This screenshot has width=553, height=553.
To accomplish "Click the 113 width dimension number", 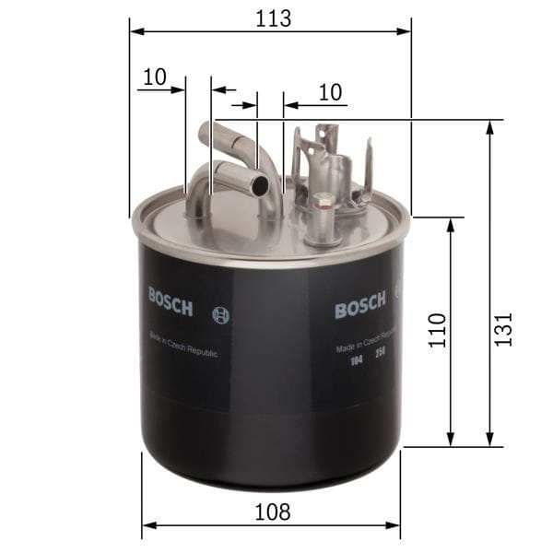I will point(270,18).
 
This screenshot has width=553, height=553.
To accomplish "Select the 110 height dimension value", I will point(438,331).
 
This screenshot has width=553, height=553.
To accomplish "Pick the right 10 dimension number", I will point(330,92).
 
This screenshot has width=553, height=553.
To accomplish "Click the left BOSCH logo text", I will point(170,301).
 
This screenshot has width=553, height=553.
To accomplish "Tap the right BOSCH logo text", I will point(360,308).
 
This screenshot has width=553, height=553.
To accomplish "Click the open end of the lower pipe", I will point(261,185).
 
